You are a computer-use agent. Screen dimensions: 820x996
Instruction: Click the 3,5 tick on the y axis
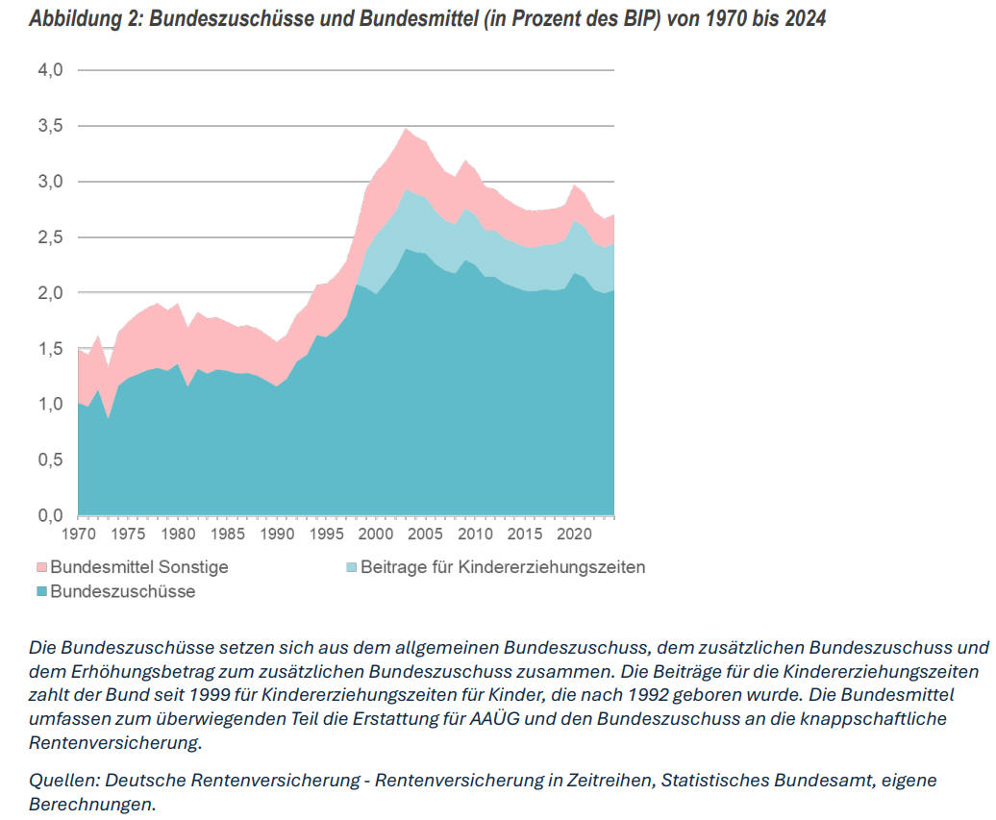click(x=50, y=126)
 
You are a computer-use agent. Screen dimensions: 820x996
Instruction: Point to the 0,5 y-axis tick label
click(x=50, y=460)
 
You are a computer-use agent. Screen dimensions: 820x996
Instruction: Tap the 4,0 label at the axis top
click(x=50, y=70)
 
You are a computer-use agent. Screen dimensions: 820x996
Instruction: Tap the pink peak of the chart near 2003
click(x=407, y=130)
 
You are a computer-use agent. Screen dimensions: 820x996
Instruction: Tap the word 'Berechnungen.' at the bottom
click(x=92, y=804)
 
